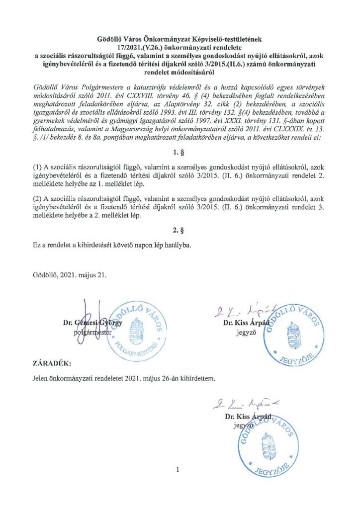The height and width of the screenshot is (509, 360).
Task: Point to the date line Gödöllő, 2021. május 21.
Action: (x=68, y=274)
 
